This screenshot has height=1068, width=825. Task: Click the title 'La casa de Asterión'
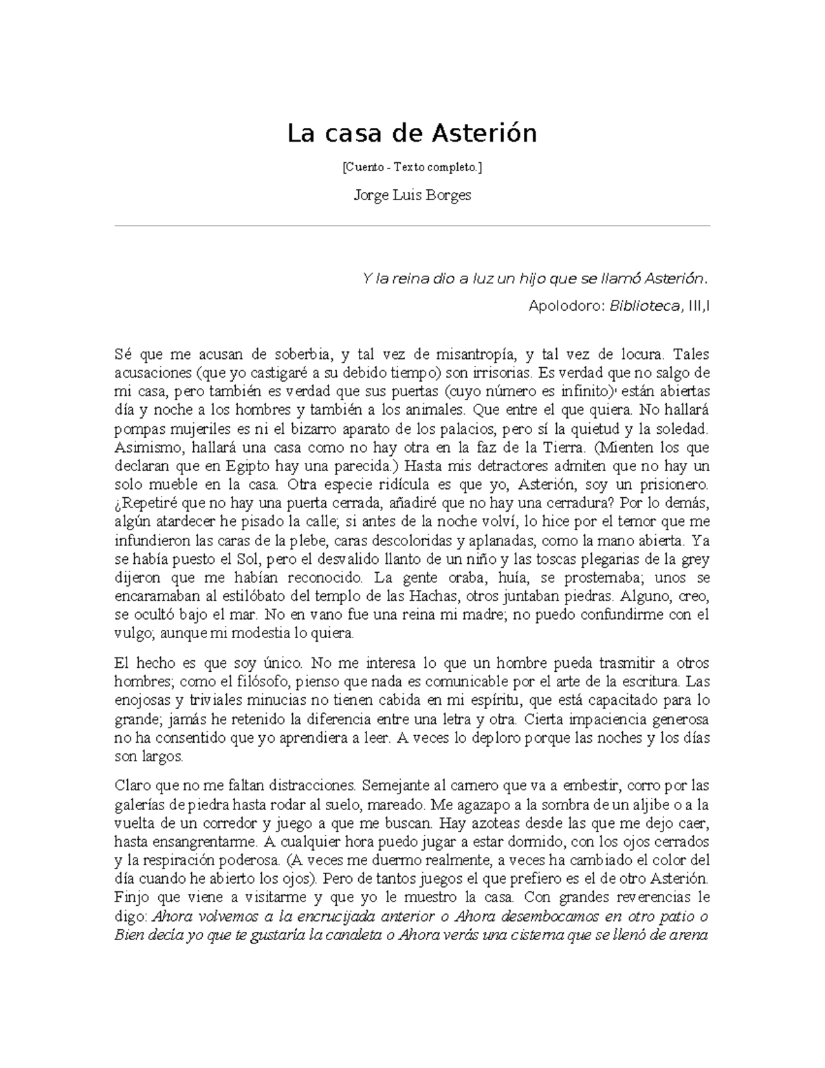(412, 133)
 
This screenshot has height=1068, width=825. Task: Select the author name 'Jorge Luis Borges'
(412, 195)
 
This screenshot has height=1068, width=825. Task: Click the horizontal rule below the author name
(412, 225)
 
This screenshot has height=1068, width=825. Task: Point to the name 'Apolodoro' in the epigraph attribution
(563, 306)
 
